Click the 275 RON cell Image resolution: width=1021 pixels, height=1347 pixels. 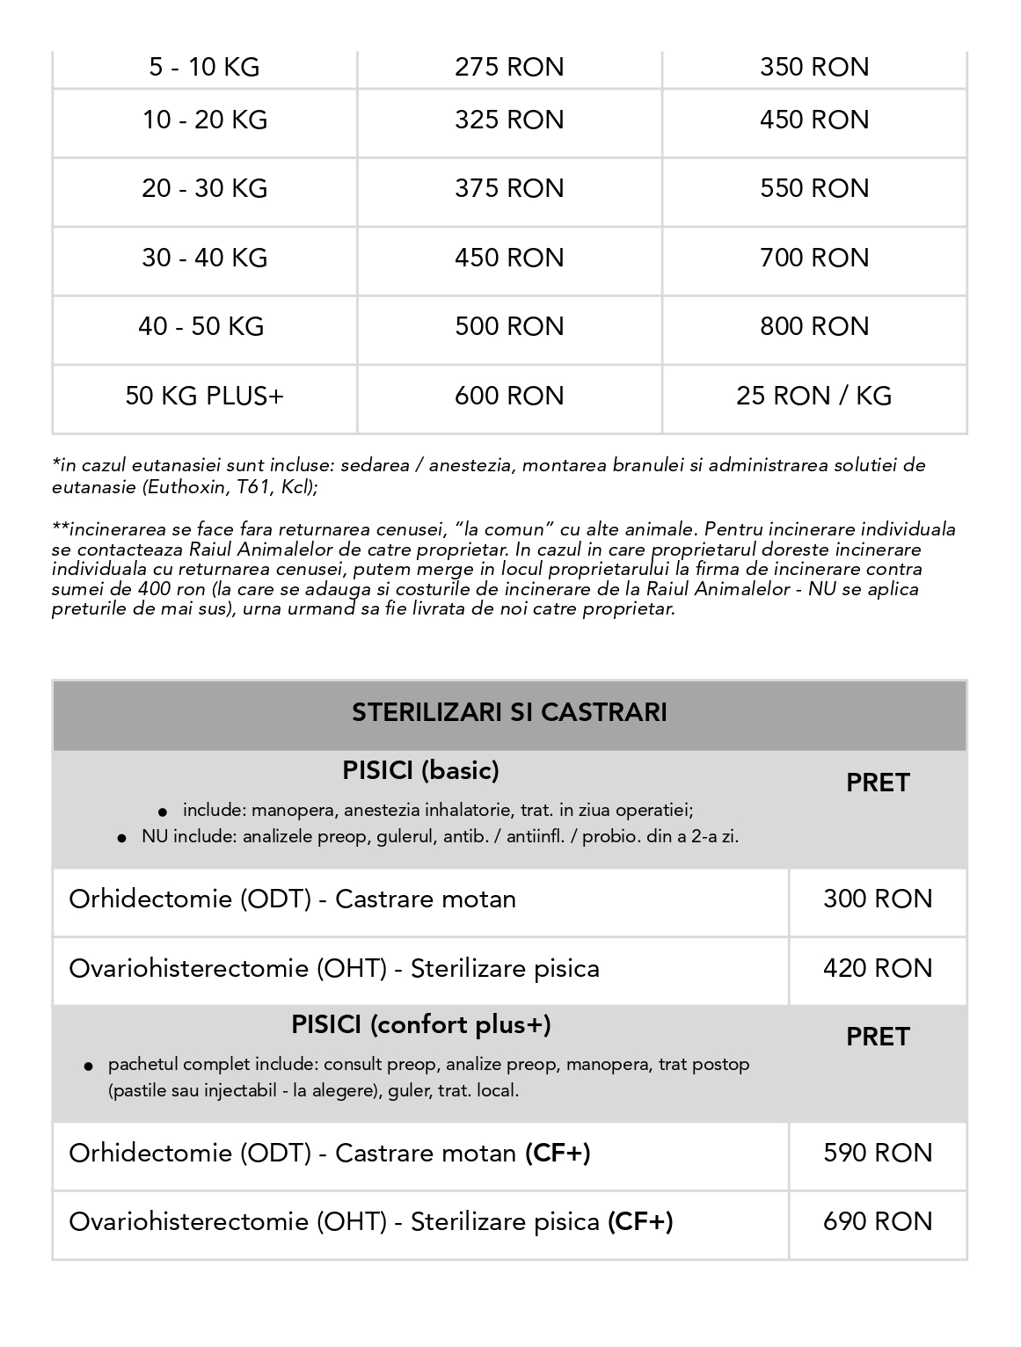[x=509, y=68]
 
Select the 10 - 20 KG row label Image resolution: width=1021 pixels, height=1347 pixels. [x=205, y=120]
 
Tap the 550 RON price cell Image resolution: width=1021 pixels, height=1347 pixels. [x=814, y=189]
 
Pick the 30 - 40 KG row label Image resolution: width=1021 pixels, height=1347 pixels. [x=205, y=258]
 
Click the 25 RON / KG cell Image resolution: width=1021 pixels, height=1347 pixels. [x=814, y=396]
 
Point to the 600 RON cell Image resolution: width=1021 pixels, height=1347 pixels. [x=509, y=396]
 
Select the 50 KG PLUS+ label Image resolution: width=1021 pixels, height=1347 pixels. [x=205, y=396]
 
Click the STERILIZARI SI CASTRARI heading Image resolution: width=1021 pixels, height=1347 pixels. [x=509, y=712]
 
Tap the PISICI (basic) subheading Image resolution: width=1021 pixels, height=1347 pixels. [x=420, y=771]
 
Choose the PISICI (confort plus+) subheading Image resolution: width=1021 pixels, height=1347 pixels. [x=421, y=1025]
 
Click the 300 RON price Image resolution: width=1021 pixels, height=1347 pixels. [x=878, y=899]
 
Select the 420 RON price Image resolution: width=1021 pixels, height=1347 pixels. [x=878, y=969]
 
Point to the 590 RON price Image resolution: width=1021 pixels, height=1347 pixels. [x=878, y=1153]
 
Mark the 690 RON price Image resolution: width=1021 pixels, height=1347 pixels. [x=878, y=1222]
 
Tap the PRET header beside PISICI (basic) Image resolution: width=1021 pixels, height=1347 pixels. [x=878, y=783]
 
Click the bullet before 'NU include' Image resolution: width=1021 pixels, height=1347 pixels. [x=122, y=838]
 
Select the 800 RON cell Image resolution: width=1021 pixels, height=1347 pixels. [x=814, y=327]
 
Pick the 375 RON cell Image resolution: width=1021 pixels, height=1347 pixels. [x=509, y=189]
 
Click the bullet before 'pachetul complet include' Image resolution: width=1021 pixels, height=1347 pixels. [x=89, y=1067]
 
